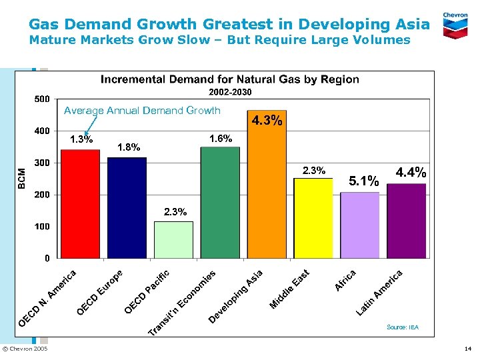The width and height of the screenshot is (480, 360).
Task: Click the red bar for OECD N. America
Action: (80, 203)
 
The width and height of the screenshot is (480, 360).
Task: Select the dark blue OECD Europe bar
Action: (127, 207)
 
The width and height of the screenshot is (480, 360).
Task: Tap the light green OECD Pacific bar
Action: (173, 240)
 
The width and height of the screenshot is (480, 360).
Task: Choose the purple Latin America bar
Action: (407, 221)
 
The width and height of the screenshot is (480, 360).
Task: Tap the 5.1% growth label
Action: (365, 180)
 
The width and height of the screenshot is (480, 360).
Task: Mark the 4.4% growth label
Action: (411, 172)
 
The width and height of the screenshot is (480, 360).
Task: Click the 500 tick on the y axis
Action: (41, 99)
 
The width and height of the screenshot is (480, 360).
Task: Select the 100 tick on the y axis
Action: (41, 227)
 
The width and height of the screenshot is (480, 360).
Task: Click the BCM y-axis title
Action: (22, 177)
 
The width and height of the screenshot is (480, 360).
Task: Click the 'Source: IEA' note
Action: (403, 327)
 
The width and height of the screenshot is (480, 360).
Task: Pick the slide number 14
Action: (467, 349)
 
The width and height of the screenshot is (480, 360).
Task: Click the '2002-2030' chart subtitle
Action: (230, 92)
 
